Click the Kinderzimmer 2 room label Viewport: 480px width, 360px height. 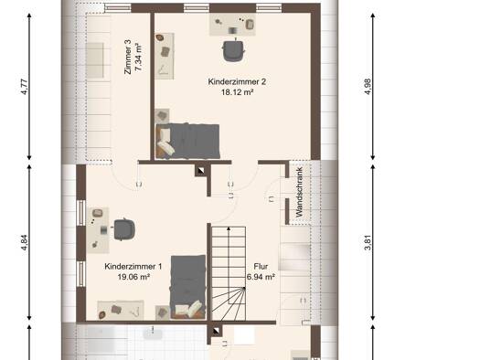237,81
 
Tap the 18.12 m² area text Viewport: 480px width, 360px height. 237,92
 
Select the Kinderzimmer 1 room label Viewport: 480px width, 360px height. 133,267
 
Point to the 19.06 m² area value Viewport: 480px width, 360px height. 133,277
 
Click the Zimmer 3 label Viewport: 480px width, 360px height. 128,57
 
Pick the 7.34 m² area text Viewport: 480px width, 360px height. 138,57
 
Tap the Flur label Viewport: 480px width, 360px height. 261,267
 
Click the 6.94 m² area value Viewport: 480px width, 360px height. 261,277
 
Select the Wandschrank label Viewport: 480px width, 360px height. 299,192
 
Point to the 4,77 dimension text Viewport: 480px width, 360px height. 25,87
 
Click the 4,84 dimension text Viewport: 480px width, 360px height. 25,242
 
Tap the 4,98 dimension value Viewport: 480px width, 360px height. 368,87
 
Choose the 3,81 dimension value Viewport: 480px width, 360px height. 368,242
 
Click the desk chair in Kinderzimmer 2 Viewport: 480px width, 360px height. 233,50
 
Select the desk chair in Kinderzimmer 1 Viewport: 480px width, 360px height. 123,229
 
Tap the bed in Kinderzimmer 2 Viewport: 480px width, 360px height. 187,141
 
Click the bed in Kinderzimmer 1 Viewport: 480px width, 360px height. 188,287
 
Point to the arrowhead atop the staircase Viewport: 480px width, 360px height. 229,228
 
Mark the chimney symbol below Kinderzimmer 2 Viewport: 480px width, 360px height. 201,171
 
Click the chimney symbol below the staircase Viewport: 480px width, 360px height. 216,331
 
